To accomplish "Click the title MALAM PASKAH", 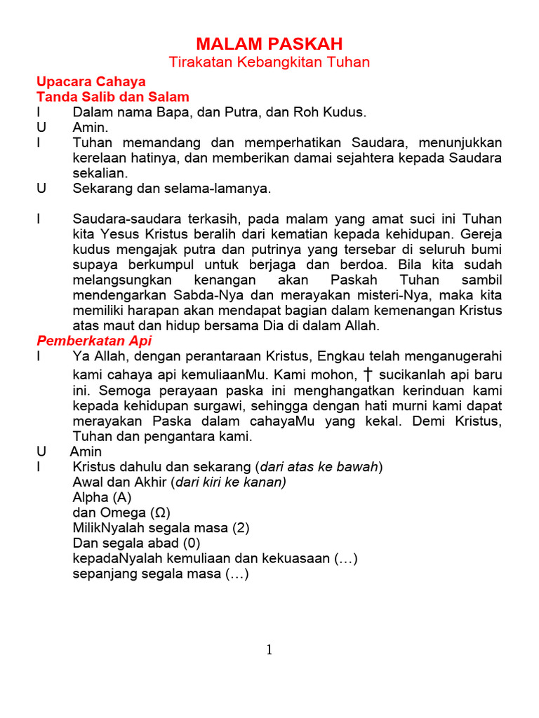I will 269,44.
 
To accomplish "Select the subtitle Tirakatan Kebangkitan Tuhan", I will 269,62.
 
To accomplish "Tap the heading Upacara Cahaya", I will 91,81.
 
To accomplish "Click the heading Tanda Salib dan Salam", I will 113,97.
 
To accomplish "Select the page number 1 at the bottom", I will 269,650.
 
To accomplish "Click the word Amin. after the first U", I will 91,128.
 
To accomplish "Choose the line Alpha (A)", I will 102,497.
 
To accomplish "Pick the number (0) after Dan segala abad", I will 192,543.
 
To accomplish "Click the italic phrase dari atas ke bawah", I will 319,467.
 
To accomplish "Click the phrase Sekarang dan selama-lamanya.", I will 171,189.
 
